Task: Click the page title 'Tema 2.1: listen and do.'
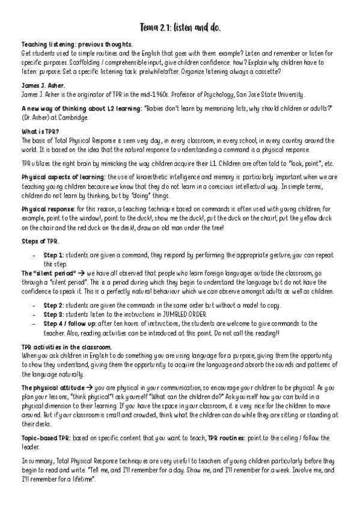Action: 180,28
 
